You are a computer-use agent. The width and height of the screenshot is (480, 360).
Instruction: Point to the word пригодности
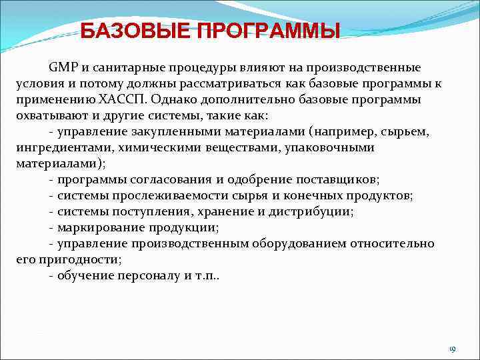(x=77, y=260)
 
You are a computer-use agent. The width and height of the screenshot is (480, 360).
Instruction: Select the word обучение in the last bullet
(x=85, y=276)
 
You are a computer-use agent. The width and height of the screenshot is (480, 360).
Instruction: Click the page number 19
(x=451, y=349)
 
